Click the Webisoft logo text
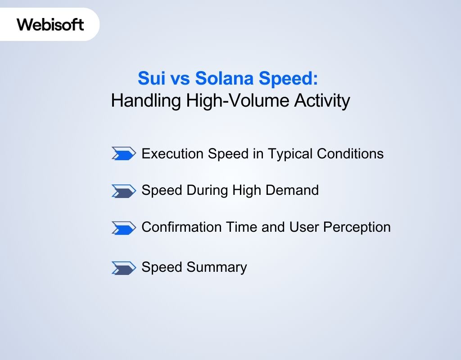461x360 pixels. pyautogui.click(x=50, y=24)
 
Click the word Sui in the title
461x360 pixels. pyautogui.click(x=148, y=79)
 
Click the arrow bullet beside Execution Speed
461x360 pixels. pyautogui.click(x=123, y=154)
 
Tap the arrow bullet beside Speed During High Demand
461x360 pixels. pyautogui.click(x=123, y=191)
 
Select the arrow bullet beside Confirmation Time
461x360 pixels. pyautogui.click(x=123, y=228)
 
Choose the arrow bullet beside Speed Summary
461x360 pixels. pyautogui.click(x=123, y=268)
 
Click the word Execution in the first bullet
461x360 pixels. pyautogui.click(x=172, y=154)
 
